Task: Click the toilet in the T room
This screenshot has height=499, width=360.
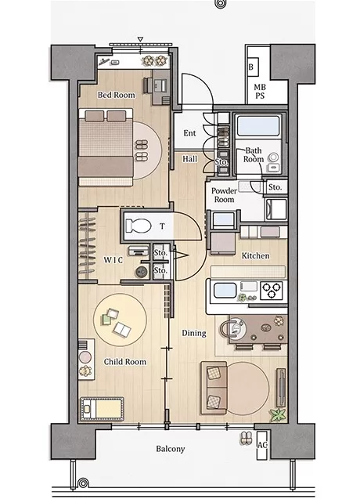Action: point(138,226)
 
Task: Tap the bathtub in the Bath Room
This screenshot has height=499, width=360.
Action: point(258,125)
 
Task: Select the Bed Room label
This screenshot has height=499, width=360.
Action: point(116,95)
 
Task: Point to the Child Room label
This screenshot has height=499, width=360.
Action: point(125,362)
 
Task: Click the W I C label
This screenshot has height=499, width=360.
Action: point(113,260)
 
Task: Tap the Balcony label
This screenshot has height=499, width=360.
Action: point(170,449)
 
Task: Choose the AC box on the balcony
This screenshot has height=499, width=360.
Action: point(262,445)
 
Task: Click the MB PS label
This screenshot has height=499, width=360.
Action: point(260,91)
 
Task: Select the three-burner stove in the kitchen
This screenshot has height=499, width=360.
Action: point(272,291)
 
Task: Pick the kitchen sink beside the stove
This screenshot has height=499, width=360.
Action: point(225,290)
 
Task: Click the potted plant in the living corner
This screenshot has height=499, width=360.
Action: point(277,414)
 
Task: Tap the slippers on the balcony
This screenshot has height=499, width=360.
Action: point(245,438)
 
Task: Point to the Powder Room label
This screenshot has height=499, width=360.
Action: point(224,195)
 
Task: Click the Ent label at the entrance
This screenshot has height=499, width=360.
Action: point(189,133)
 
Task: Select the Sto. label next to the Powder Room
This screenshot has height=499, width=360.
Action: point(275,187)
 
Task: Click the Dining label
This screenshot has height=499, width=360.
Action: point(194,333)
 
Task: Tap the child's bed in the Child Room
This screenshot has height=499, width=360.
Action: point(102,409)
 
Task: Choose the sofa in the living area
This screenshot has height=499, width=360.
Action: point(214,388)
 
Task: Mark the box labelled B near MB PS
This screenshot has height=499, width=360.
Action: point(252,67)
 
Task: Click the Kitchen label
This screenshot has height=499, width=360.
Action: point(255,255)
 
